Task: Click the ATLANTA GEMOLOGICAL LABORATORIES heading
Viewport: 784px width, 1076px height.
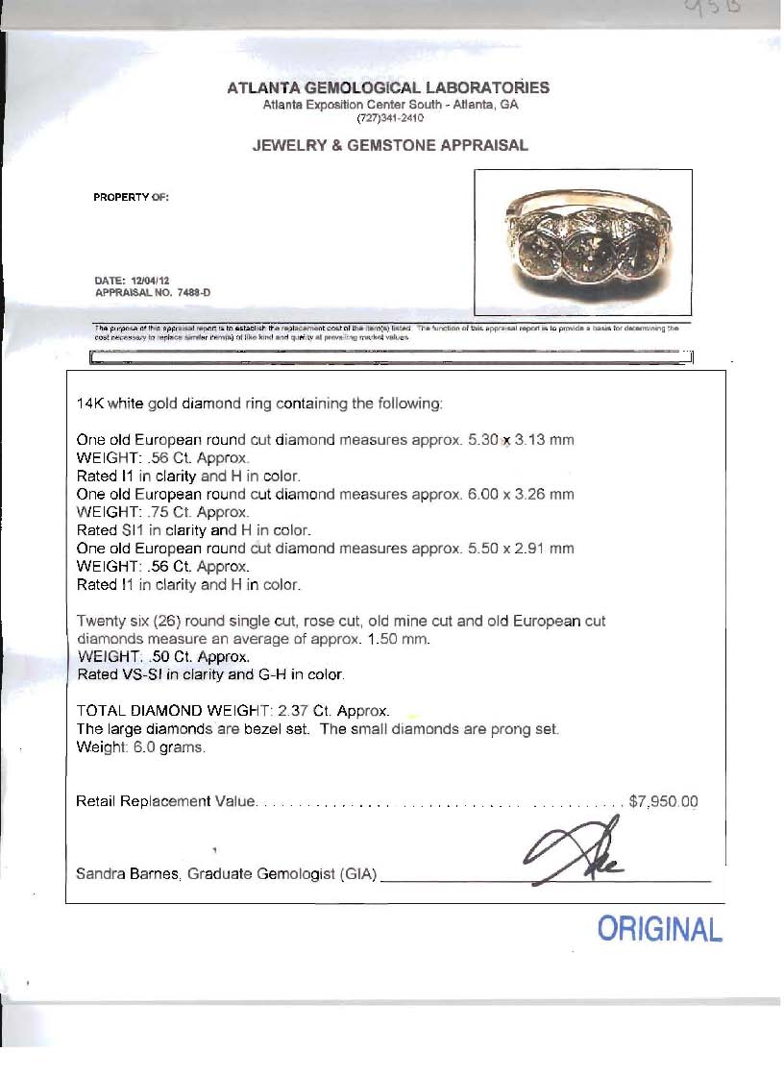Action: [x=388, y=88]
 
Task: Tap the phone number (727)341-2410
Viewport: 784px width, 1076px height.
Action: [x=390, y=118]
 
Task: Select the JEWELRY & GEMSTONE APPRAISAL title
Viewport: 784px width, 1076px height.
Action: [x=390, y=146]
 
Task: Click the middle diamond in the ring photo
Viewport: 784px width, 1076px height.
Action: [x=582, y=256]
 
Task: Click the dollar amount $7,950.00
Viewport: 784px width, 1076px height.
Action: [x=663, y=801]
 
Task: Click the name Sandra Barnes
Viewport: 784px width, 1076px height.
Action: [x=126, y=874]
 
